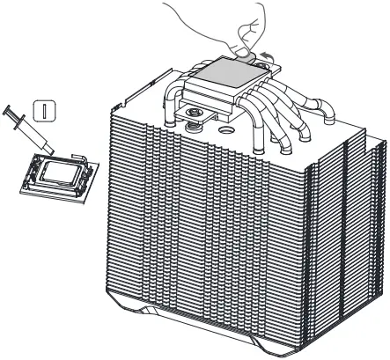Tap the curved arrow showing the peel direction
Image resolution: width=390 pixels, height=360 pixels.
pyautogui.click(x=261, y=55)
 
